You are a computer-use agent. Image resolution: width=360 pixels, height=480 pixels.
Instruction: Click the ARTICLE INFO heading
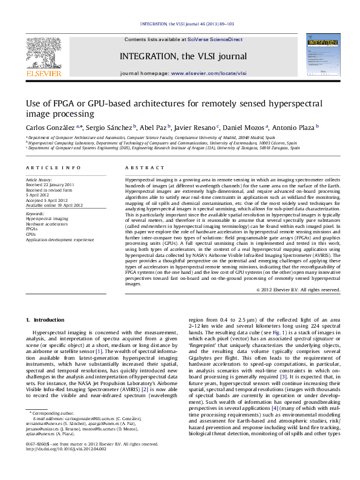pyautogui.click(x=53, y=167)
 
